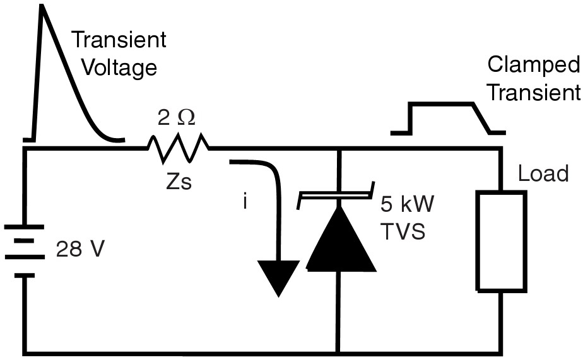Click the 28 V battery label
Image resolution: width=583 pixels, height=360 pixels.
(79, 250)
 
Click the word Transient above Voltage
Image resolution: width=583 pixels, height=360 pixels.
(119, 40)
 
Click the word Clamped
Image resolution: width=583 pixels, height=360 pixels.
(533, 65)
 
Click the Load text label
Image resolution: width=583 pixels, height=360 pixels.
(543, 174)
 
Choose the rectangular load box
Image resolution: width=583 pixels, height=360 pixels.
(501, 241)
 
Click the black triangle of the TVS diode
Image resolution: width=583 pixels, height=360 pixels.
(339, 240)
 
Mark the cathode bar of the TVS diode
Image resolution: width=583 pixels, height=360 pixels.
(338, 197)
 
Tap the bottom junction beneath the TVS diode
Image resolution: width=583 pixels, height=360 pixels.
(339, 351)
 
